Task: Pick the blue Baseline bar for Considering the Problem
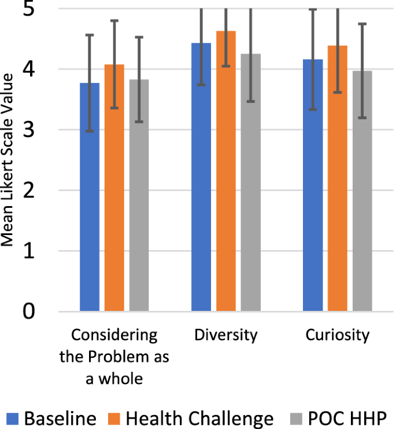point(90,197)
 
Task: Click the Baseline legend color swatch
point(13,418)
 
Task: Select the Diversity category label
point(226,335)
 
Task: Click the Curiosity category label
point(338,335)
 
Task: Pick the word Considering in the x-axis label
point(114,335)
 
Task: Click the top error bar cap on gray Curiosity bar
point(362,24)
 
